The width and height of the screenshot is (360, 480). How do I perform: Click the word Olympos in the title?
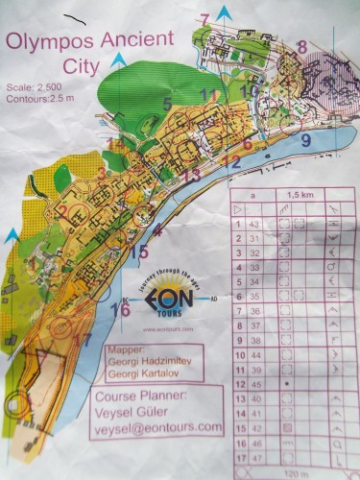48,42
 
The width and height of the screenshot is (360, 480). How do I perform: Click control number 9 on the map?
305,139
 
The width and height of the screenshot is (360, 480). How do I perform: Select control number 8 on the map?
301,46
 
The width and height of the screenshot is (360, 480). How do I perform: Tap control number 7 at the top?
204,18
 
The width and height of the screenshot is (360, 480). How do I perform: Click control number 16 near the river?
120,309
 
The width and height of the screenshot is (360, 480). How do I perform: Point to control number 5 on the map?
167,103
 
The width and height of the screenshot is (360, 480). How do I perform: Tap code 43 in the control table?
255,224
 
